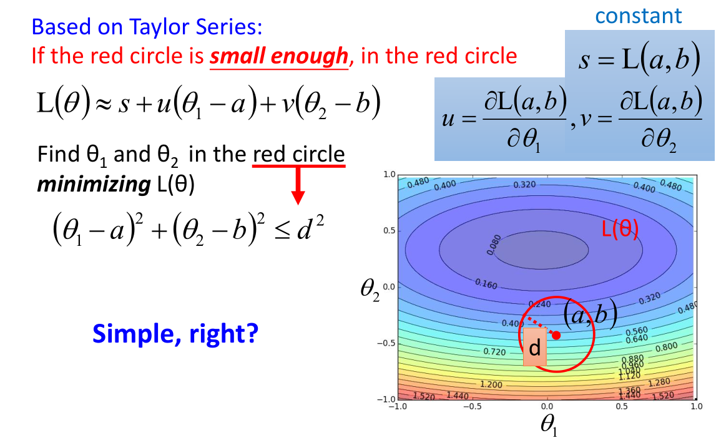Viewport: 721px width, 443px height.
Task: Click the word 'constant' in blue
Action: coord(638,16)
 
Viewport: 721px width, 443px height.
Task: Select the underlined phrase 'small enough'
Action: coord(279,56)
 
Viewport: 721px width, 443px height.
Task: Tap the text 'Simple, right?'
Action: coord(175,333)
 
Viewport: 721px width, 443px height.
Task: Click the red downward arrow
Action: coord(298,185)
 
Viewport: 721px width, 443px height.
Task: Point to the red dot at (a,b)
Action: coord(556,336)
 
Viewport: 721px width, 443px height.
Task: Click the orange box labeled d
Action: coord(535,347)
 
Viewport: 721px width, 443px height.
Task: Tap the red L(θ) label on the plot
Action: coord(620,228)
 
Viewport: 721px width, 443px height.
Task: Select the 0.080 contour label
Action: coord(493,245)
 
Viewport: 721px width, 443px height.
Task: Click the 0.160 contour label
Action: coord(486,283)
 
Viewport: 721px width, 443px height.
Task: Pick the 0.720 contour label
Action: coord(494,352)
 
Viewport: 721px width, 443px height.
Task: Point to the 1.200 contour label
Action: coord(491,384)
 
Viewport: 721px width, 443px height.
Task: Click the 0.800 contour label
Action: coord(666,347)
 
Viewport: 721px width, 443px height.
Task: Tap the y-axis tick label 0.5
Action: coord(389,230)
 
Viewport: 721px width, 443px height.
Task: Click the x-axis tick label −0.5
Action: coord(472,406)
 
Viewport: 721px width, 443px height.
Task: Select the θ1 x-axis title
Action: coord(549,424)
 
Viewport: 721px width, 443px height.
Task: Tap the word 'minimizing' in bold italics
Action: coord(94,184)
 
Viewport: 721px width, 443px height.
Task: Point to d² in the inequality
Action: coord(310,228)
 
